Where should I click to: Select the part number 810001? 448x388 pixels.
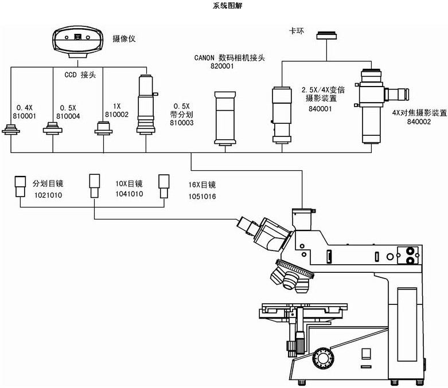[26, 115]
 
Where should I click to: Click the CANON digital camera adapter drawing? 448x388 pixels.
[225, 117]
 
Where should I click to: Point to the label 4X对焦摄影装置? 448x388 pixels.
[419, 113]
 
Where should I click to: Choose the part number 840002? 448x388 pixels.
[419, 122]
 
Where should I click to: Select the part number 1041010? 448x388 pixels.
[129, 194]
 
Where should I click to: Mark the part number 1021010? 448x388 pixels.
[48, 195]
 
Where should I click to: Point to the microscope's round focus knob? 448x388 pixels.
[322, 358]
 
